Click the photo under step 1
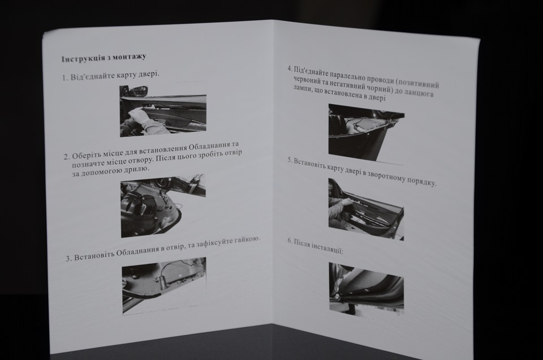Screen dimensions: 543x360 [x=163, y=110]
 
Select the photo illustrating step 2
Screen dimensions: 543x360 [x=163, y=206]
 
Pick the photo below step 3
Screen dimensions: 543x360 [x=164, y=286]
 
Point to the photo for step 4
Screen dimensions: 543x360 [x=366, y=134]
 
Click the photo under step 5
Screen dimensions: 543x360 [x=366, y=209]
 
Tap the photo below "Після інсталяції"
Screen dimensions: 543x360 [x=366, y=289]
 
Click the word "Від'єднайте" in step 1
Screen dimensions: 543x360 [x=92, y=76]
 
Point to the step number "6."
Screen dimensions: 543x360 [x=290, y=241]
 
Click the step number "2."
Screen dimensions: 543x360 [x=67, y=157]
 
